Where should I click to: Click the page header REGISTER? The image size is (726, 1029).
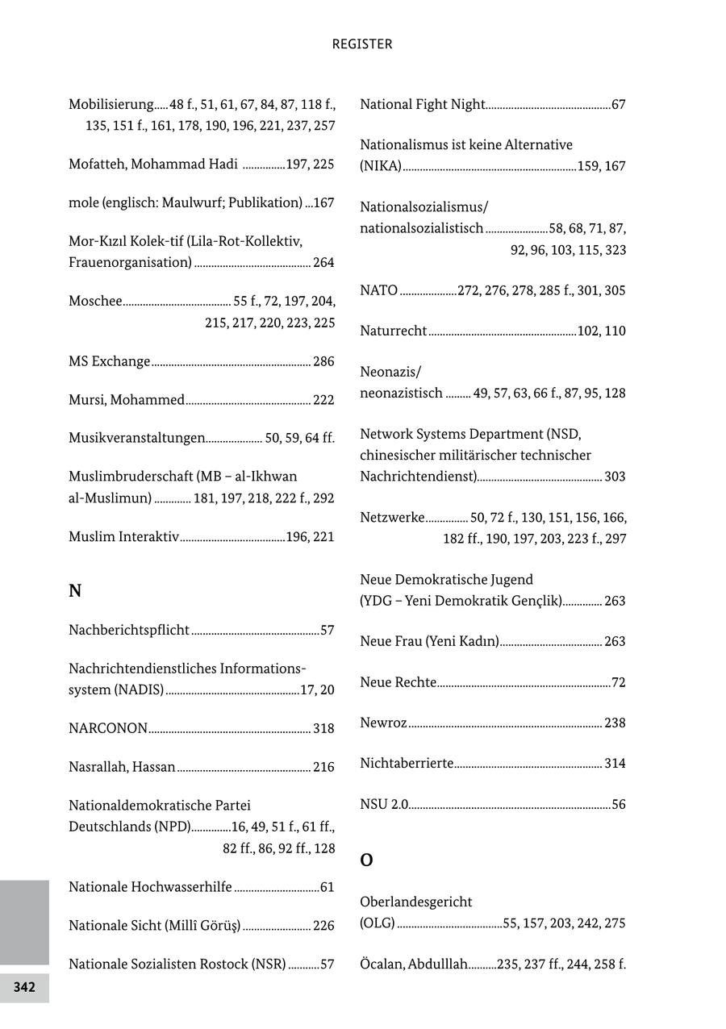tap(362, 44)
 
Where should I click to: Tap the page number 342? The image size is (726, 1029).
tap(24, 988)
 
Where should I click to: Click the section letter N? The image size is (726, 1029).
tap(75, 591)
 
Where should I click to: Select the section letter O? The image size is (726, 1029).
tap(366, 860)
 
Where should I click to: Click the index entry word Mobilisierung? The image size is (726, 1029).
tap(111, 105)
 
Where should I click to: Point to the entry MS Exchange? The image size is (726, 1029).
tap(110, 361)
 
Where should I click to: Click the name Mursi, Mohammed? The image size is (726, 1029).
tap(127, 400)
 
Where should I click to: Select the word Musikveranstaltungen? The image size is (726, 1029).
tap(136, 438)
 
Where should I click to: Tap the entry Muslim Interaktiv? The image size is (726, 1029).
tap(123, 537)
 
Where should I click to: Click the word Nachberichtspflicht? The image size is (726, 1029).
tap(129, 631)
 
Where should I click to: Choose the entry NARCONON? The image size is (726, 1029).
tap(108, 729)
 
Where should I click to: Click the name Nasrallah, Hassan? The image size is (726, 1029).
tap(122, 767)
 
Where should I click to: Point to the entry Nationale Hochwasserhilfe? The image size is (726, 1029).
tap(150, 887)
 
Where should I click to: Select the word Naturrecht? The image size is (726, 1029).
tap(394, 331)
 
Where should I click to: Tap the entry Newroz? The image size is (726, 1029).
tap(383, 723)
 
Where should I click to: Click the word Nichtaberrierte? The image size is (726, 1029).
tap(407, 764)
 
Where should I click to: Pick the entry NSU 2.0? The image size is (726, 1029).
tap(384, 805)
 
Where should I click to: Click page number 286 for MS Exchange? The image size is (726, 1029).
tap(323, 362)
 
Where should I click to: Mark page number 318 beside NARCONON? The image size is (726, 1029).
tap(323, 729)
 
